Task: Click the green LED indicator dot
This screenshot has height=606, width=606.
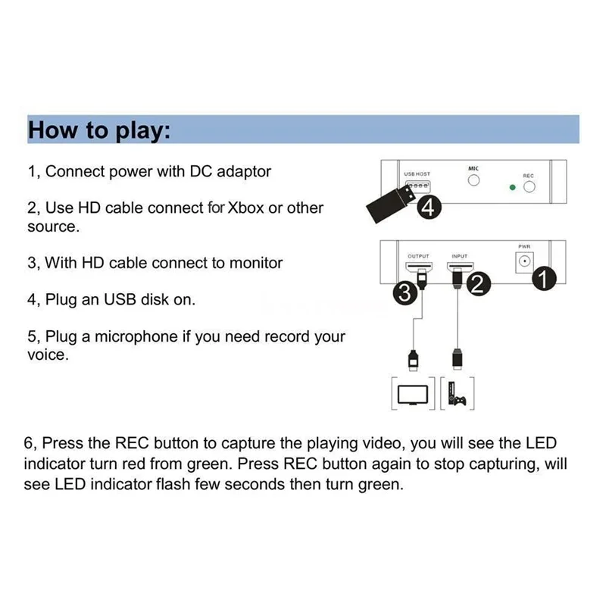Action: [512, 187]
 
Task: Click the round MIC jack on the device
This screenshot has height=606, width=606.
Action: [474, 182]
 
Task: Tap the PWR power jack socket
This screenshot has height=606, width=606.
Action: [523, 262]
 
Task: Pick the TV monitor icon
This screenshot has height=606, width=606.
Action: [413, 394]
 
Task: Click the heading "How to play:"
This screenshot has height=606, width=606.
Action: [98, 130]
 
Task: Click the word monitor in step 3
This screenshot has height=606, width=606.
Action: [254, 263]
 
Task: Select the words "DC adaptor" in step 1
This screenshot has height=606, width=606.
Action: [231, 171]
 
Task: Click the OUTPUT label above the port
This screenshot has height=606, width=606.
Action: [418, 256]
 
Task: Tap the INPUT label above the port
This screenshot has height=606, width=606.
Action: [460, 256]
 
